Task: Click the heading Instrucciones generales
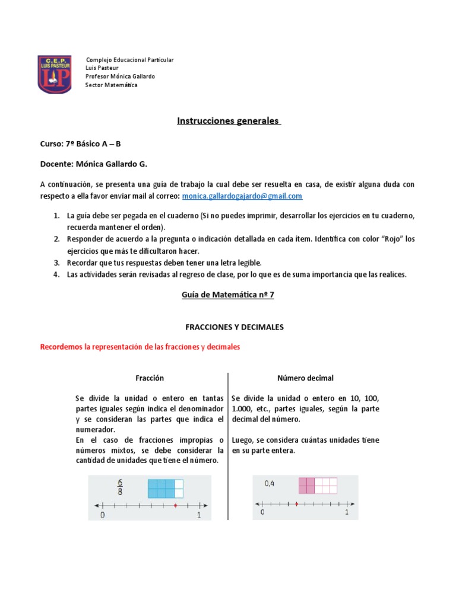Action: [x=228, y=121]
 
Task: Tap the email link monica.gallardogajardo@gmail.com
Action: [x=242, y=196]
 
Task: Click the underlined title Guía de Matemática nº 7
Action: [x=227, y=295]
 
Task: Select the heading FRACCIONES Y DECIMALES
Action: [x=227, y=327]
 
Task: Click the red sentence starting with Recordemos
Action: [x=140, y=347]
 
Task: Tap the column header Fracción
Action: [x=150, y=378]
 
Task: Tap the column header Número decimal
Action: [x=305, y=378]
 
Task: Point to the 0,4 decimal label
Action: [x=270, y=484]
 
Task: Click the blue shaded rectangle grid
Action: [x=165, y=489]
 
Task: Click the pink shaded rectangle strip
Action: [x=318, y=485]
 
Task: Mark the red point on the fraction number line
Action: [x=175, y=506]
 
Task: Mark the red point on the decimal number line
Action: [x=296, y=504]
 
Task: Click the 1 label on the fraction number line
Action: [x=199, y=516]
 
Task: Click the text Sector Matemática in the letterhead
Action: [x=111, y=85]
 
